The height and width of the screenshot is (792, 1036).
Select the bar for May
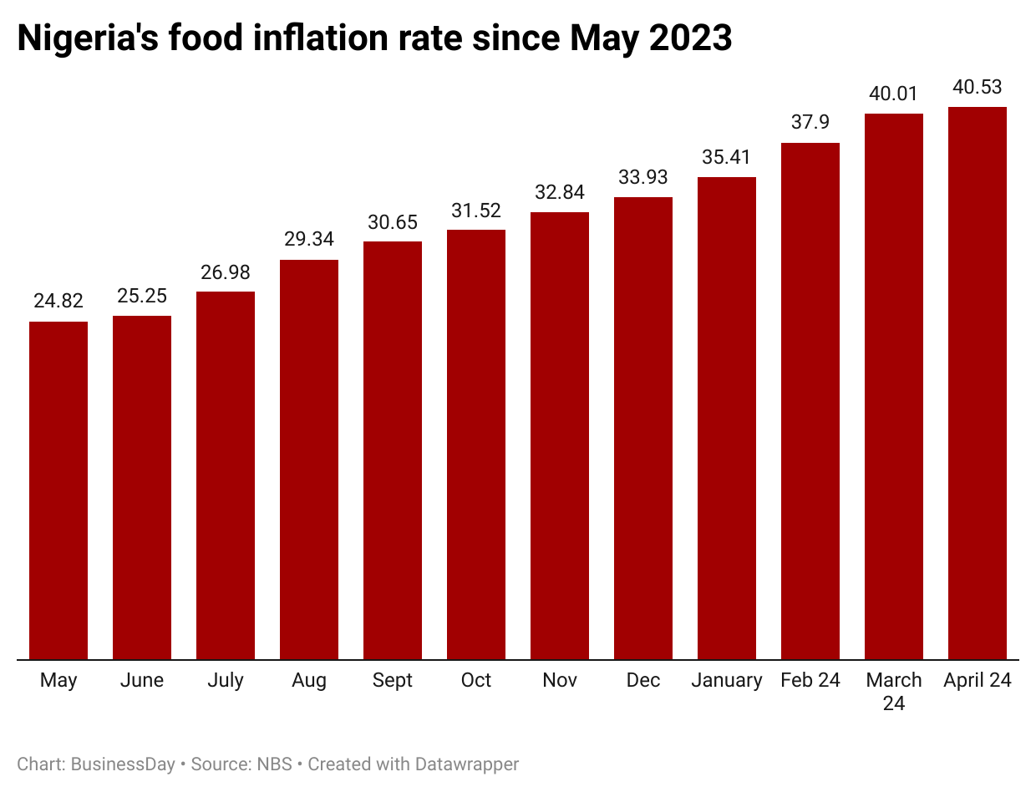pyautogui.click(x=58, y=490)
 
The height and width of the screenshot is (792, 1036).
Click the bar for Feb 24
pyautogui.click(x=810, y=401)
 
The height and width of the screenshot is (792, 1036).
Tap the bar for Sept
pyautogui.click(x=393, y=450)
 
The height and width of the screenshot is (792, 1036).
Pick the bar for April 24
pyautogui.click(x=978, y=383)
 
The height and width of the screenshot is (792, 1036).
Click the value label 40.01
pyautogui.click(x=894, y=94)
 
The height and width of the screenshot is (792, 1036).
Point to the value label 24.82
pyautogui.click(x=58, y=302)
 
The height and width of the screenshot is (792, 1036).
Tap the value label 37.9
pyautogui.click(x=810, y=123)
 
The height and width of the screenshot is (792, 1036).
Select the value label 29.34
pyautogui.click(x=309, y=240)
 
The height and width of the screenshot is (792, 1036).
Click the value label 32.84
pyautogui.click(x=560, y=192)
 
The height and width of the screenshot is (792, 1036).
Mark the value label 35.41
pyautogui.click(x=727, y=157)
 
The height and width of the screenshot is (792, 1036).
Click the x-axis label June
pyautogui.click(x=142, y=681)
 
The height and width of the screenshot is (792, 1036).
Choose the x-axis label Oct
pyautogui.click(x=476, y=681)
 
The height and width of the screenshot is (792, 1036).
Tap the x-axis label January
pyautogui.click(x=727, y=681)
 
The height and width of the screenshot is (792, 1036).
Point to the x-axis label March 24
pyautogui.click(x=894, y=692)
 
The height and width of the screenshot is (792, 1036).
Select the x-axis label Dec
pyautogui.click(x=643, y=681)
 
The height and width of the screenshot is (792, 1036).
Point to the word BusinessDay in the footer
pyautogui.click(x=123, y=764)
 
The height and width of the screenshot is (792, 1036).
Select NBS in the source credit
pyautogui.click(x=275, y=764)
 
